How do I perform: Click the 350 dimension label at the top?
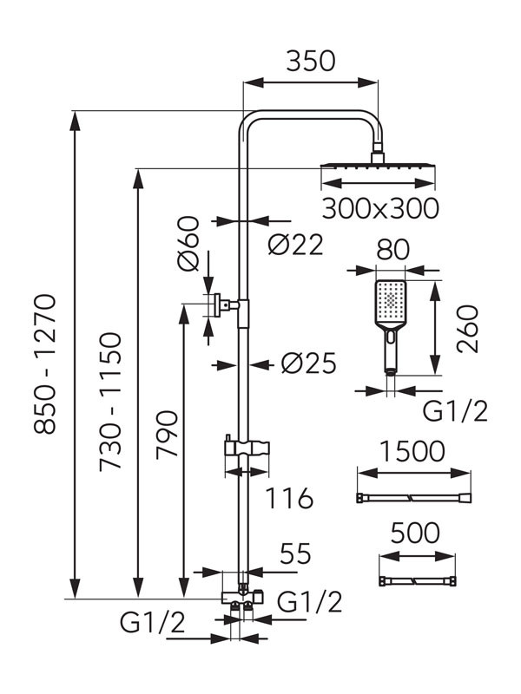click(310, 61)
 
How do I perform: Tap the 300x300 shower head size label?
click(379, 208)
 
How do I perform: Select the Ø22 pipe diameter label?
click(295, 246)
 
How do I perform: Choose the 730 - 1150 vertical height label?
click(112, 401)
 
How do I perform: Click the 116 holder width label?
click(287, 499)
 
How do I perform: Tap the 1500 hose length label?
click(413, 451)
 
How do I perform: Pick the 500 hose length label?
click(414, 533)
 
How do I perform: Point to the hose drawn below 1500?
click(413, 498)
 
